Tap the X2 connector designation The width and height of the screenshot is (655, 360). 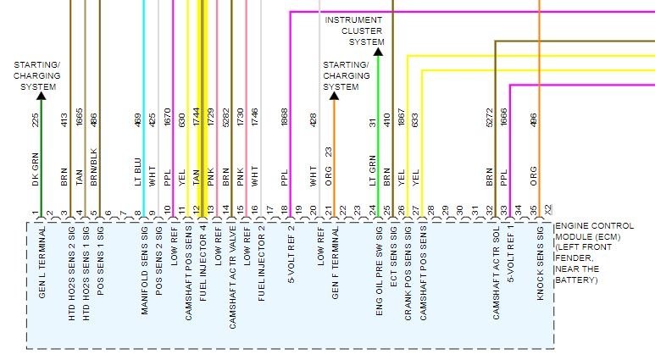click(547, 209)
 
